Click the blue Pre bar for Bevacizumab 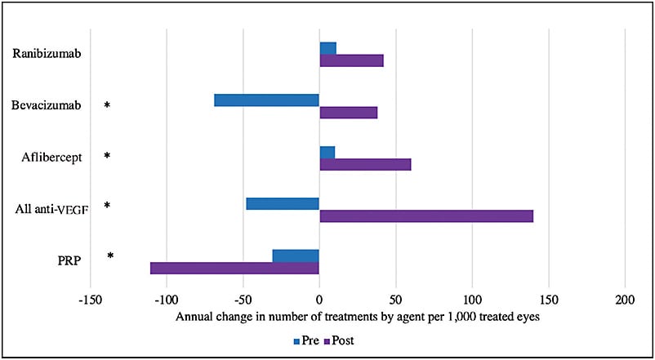point(266,100)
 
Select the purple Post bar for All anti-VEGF point(426,216)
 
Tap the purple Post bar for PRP point(234,268)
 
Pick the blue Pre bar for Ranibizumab point(327,48)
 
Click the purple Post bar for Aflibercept point(365,164)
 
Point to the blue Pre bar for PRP point(296,256)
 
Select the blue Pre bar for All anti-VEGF point(283,203)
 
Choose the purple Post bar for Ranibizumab point(351,60)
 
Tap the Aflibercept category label point(51,157)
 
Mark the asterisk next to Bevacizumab point(107,106)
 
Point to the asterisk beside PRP point(110,256)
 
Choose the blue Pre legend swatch point(297,339)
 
